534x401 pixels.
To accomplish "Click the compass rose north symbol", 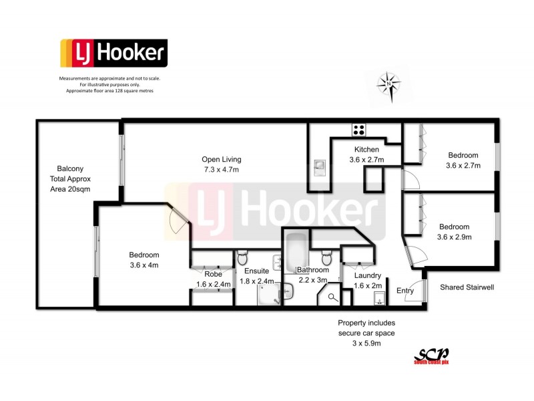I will [x=389, y=84].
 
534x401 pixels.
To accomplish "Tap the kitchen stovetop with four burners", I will [x=359, y=130].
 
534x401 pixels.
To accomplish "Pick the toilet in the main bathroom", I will [x=327, y=256].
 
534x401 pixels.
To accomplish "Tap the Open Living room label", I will [x=221, y=160].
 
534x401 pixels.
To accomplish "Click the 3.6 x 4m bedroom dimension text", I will [x=144, y=265].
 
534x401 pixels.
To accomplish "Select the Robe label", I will [x=213, y=274].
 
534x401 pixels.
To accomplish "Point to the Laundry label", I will [x=368, y=275].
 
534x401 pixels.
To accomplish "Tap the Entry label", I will [x=405, y=290].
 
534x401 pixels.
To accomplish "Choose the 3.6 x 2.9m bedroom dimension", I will [x=454, y=237].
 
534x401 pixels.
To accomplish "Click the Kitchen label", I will [x=366, y=149].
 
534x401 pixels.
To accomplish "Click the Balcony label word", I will [x=70, y=169].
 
